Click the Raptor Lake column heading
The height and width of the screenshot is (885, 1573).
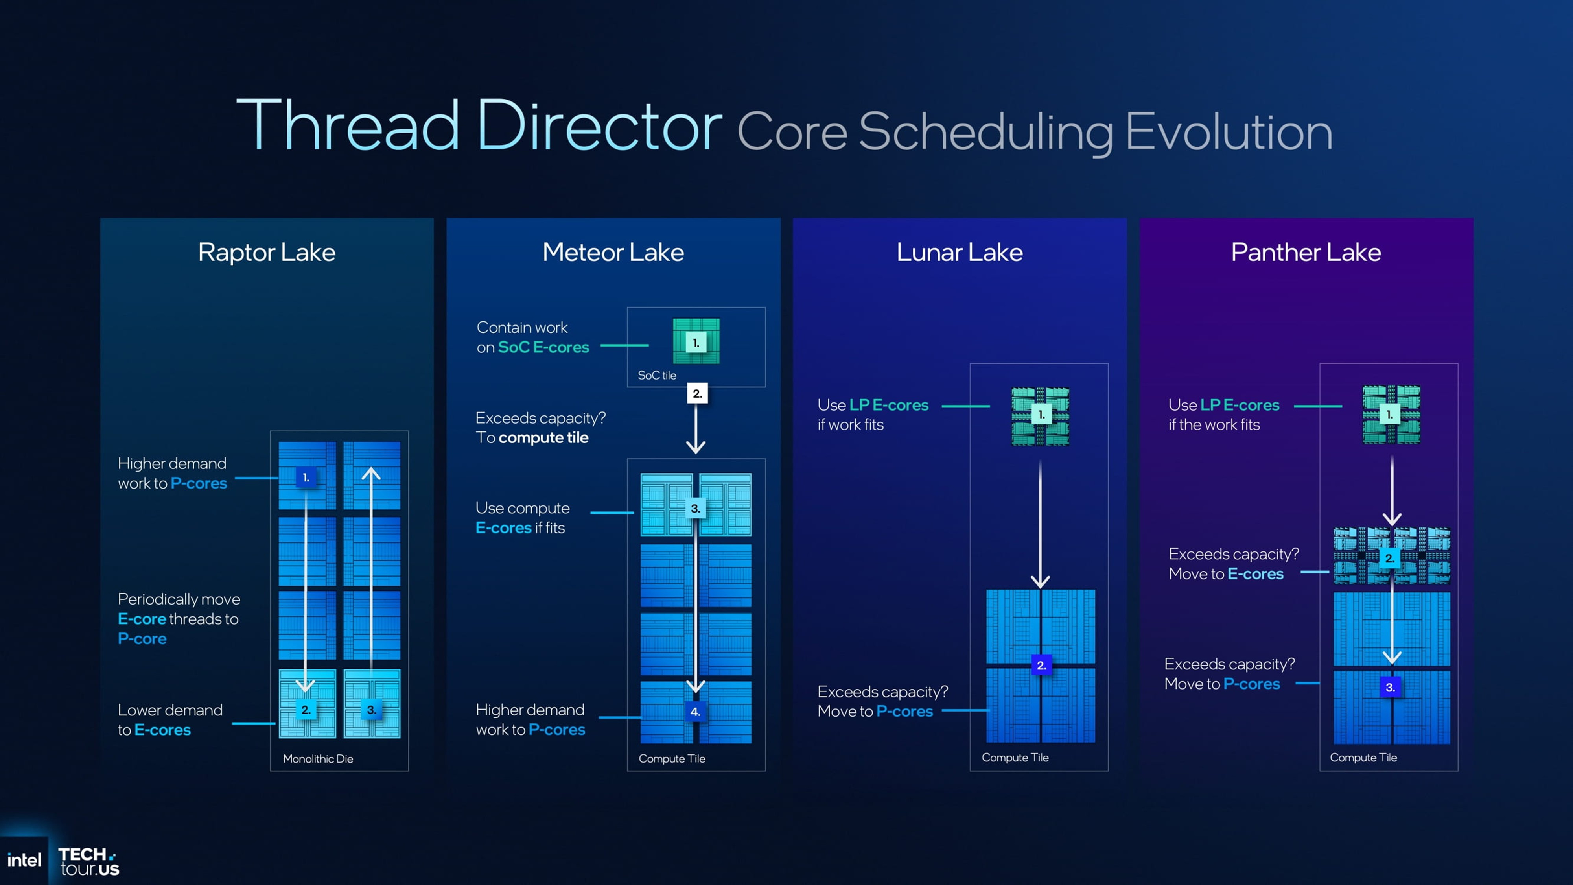pos(267,252)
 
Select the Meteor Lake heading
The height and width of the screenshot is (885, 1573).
pos(613,252)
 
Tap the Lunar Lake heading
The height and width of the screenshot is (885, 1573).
pos(959,252)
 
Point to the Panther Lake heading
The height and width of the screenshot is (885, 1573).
pos(1306,252)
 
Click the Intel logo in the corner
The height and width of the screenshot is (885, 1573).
pos(24,860)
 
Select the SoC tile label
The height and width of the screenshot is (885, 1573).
pos(656,375)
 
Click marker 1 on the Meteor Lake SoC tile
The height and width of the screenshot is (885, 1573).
pos(696,343)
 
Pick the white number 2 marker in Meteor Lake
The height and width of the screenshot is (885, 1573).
pos(697,393)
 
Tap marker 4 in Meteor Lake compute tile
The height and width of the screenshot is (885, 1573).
pos(695,712)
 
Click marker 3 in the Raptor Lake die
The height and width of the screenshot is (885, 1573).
pos(371,710)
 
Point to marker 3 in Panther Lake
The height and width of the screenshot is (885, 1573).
pos(1390,687)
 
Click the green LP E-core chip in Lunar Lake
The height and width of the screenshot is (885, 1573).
pos(1040,415)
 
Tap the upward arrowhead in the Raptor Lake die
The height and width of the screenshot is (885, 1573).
pos(371,473)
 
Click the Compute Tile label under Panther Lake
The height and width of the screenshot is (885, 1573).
pos(1363,757)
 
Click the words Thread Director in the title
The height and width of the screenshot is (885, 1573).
pos(479,126)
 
